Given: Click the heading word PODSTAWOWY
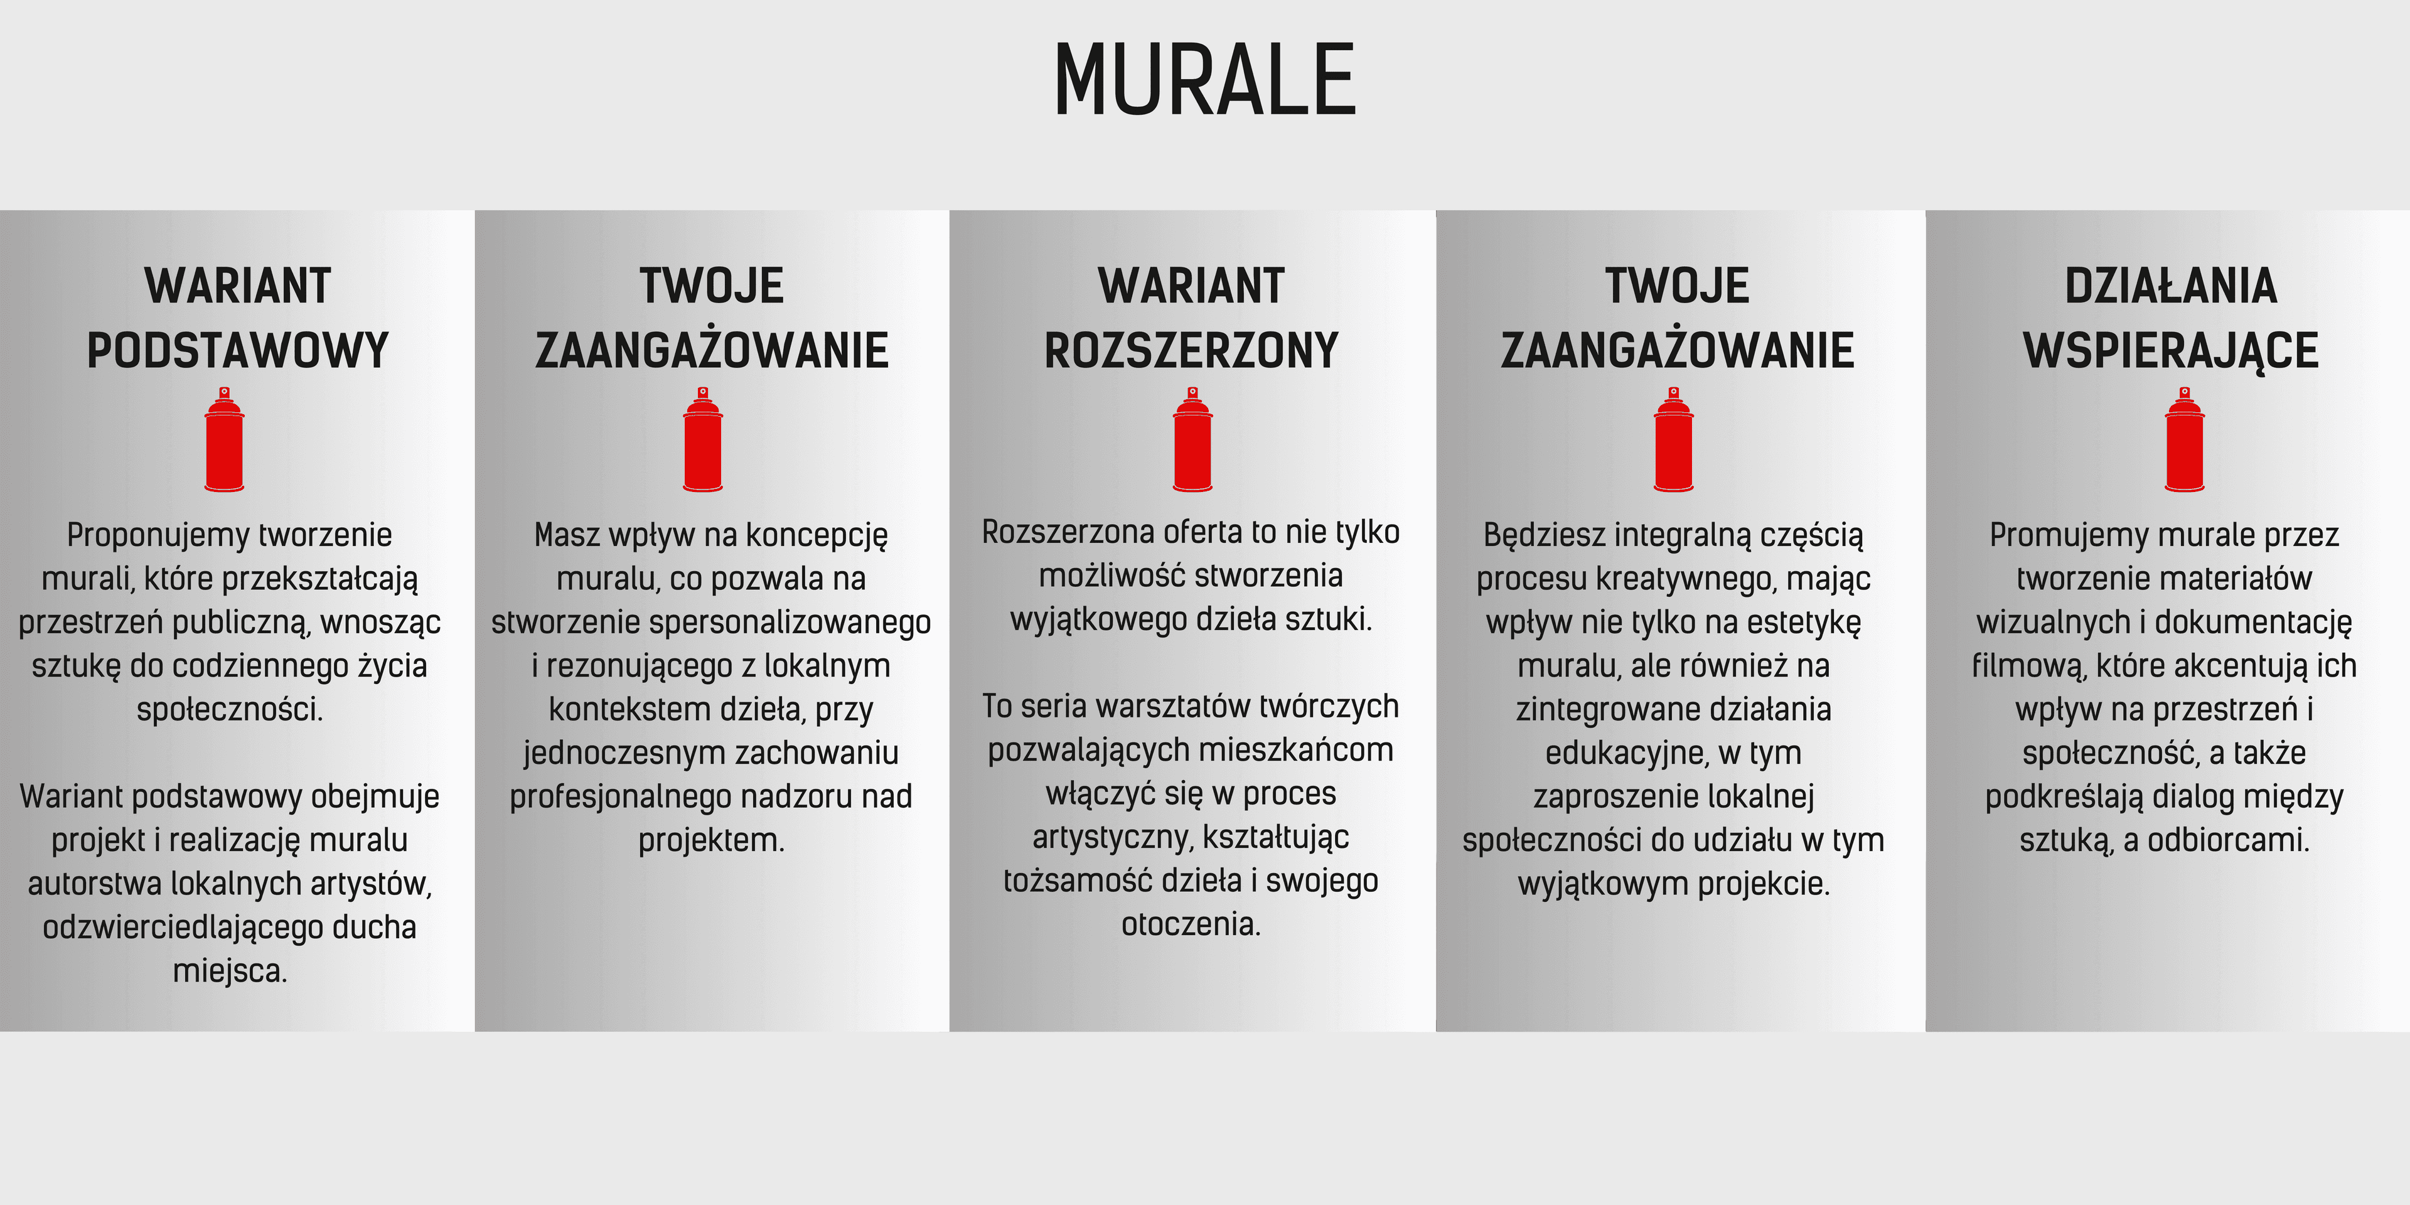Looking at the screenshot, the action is (238, 350).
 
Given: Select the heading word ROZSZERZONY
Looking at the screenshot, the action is (1191, 350).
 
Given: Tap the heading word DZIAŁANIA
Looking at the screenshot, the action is (2170, 286).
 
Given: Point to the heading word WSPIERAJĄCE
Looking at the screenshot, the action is (2170, 351).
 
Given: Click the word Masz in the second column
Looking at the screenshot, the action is (567, 535).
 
